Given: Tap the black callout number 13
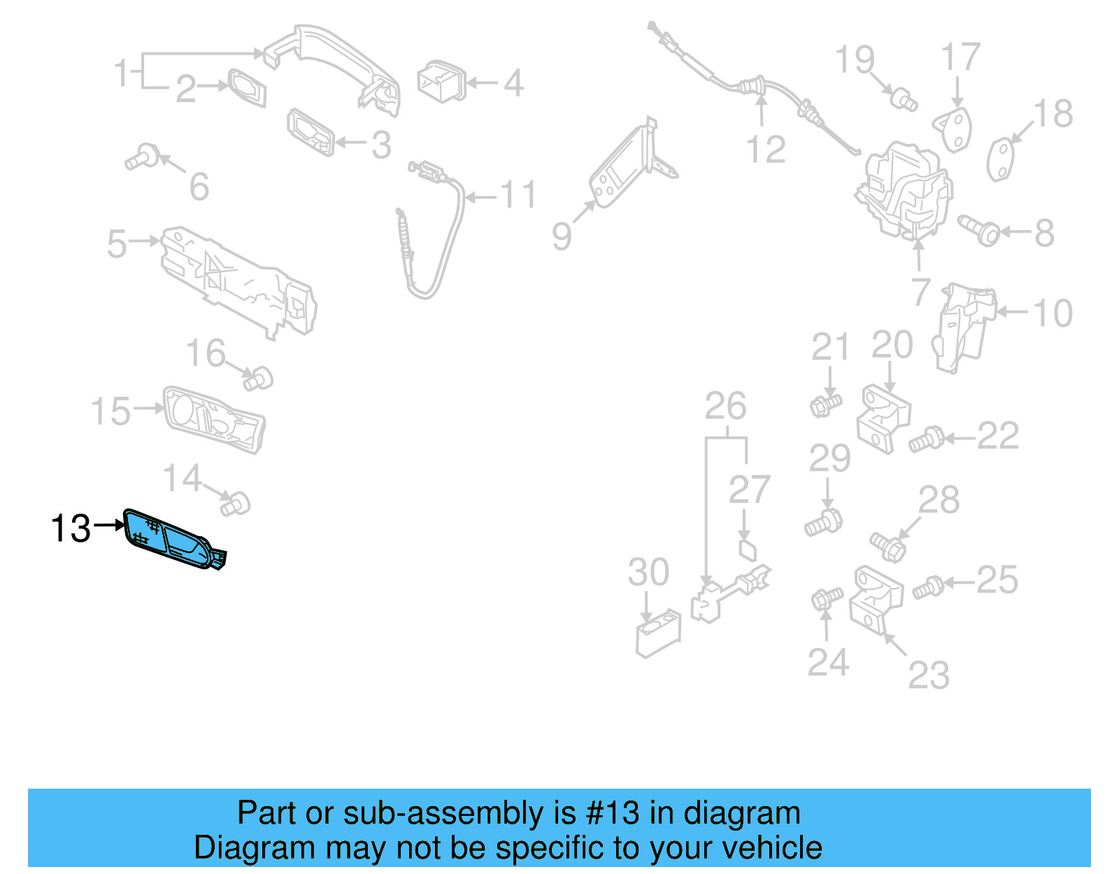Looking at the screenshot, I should click(x=71, y=528).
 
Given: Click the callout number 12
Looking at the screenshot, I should click(x=766, y=150).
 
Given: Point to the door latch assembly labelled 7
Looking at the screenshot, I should click(x=906, y=189).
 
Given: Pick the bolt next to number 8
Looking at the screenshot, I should click(x=979, y=230).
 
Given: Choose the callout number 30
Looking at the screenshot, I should click(x=648, y=572).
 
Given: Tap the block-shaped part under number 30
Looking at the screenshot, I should click(x=657, y=633).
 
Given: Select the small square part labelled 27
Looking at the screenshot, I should click(x=748, y=550).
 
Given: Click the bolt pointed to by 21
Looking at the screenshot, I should click(x=826, y=404).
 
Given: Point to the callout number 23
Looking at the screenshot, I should click(x=929, y=675).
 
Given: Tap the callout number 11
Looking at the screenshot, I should click(x=518, y=195).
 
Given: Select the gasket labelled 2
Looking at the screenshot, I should click(x=247, y=88).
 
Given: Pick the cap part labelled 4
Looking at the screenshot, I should click(x=441, y=81).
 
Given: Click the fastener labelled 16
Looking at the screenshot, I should click(x=258, y=379).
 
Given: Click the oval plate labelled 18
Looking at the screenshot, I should click(x=1001, y=160).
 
